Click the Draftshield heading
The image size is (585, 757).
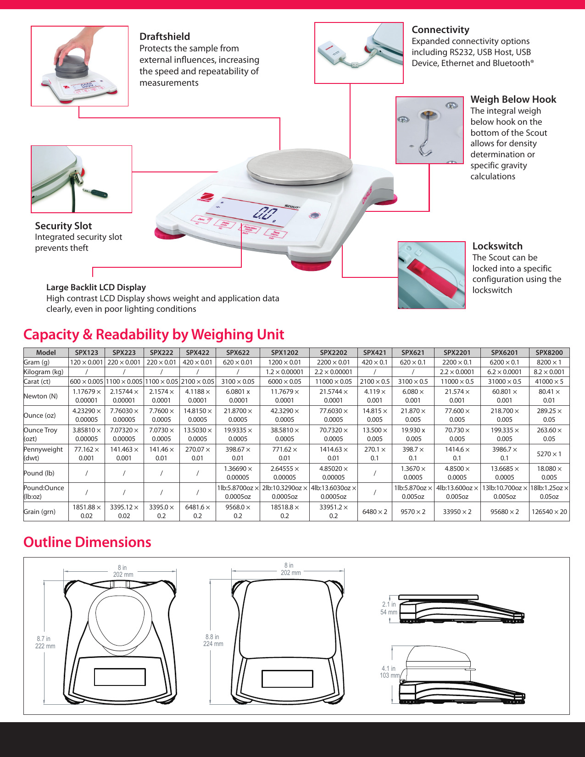pos(164,37)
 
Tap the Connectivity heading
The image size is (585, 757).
pos(440,30)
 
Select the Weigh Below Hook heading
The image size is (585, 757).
pos(513,99)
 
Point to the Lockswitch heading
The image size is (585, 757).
pos(497,246)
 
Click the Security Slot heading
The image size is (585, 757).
pos(63,226)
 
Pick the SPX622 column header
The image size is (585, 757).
pos(237,353)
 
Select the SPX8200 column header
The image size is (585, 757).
pos(549,353)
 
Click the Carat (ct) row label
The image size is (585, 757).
pos(37,381)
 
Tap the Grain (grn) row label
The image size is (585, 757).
pos(39,512)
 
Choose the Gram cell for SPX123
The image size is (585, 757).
pos(86,362)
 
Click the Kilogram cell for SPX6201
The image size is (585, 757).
pos(504,372)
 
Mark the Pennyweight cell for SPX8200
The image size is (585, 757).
pos(549,454)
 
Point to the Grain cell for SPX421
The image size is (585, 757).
pos(374,512)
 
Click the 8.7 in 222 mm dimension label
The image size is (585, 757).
pos(45,642)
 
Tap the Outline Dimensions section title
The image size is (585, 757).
pos(87,542)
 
